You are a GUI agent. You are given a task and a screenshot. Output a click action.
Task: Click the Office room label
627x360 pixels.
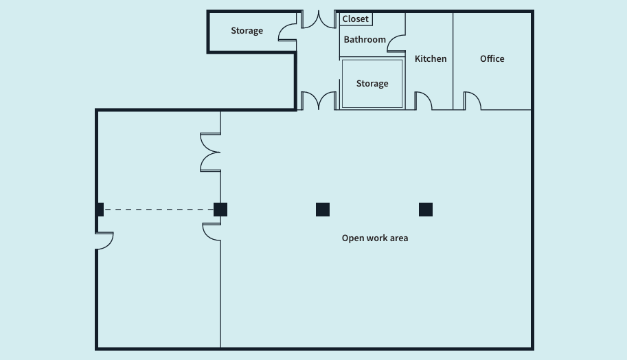(x=492, y=59)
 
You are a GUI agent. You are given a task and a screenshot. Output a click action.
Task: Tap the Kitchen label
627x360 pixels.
(x=431, y=59)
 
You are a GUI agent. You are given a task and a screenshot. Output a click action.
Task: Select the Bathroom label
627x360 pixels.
(x=365, y=40)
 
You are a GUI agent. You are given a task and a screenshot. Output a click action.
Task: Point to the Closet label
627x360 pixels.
(x=356, y=19)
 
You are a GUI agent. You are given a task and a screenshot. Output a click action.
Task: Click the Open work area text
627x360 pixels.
(x=375, y=238)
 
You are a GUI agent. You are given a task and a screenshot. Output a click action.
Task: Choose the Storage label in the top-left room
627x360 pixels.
(x=247, y=31)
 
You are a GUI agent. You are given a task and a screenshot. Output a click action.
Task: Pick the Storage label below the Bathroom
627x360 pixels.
(x=372, y=84)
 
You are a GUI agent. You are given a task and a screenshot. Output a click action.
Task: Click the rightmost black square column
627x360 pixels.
(x=426, y=210)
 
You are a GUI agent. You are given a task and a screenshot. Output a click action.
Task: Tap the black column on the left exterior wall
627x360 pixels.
(x=100, y=210)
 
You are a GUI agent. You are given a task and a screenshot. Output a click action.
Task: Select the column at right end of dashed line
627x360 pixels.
(x=220, y=210)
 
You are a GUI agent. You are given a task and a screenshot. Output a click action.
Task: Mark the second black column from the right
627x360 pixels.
(x=323, y=210)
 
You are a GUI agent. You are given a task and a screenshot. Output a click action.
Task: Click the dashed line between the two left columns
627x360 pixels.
(x=159, y=210)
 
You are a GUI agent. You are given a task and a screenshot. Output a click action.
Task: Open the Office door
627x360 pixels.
(x=472, y=102)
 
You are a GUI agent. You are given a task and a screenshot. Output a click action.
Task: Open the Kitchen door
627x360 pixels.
(x=422, y=102)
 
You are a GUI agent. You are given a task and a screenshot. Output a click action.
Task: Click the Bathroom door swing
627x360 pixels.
(x=396, y=44)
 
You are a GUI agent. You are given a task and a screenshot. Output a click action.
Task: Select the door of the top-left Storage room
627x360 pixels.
(x=288, y=32)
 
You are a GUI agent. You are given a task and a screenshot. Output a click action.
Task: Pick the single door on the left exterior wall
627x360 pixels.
(x=104, y=240)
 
